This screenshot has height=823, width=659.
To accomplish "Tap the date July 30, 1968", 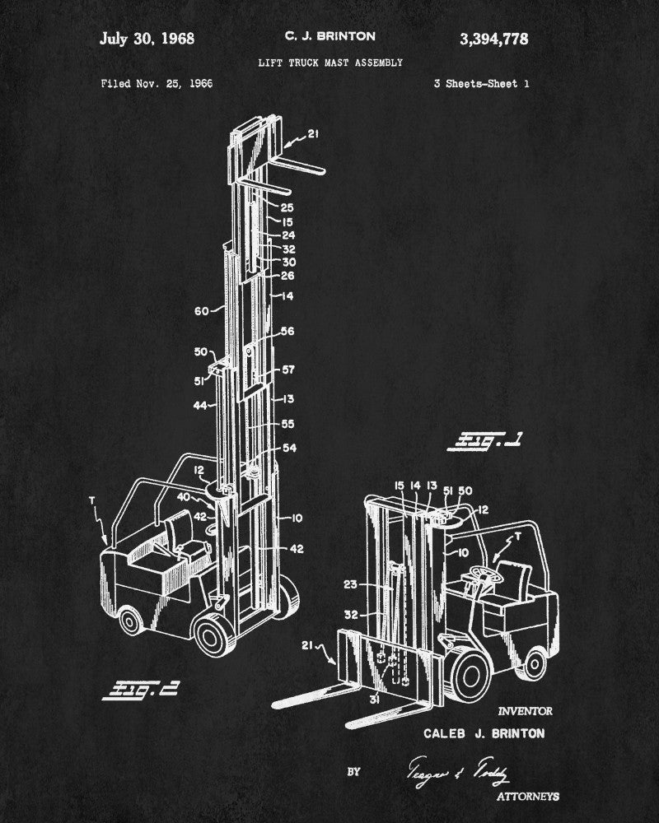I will [147, 39].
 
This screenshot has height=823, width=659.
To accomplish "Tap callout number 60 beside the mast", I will [202, 310].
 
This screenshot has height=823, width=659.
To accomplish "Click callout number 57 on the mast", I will [287, 370].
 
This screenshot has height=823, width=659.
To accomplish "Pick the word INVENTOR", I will [526, 711].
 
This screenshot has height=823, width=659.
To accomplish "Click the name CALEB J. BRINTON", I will [484, 732].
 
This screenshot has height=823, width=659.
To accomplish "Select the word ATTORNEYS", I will [528, 796].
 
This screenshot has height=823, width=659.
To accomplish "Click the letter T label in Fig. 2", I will [91, 499].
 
